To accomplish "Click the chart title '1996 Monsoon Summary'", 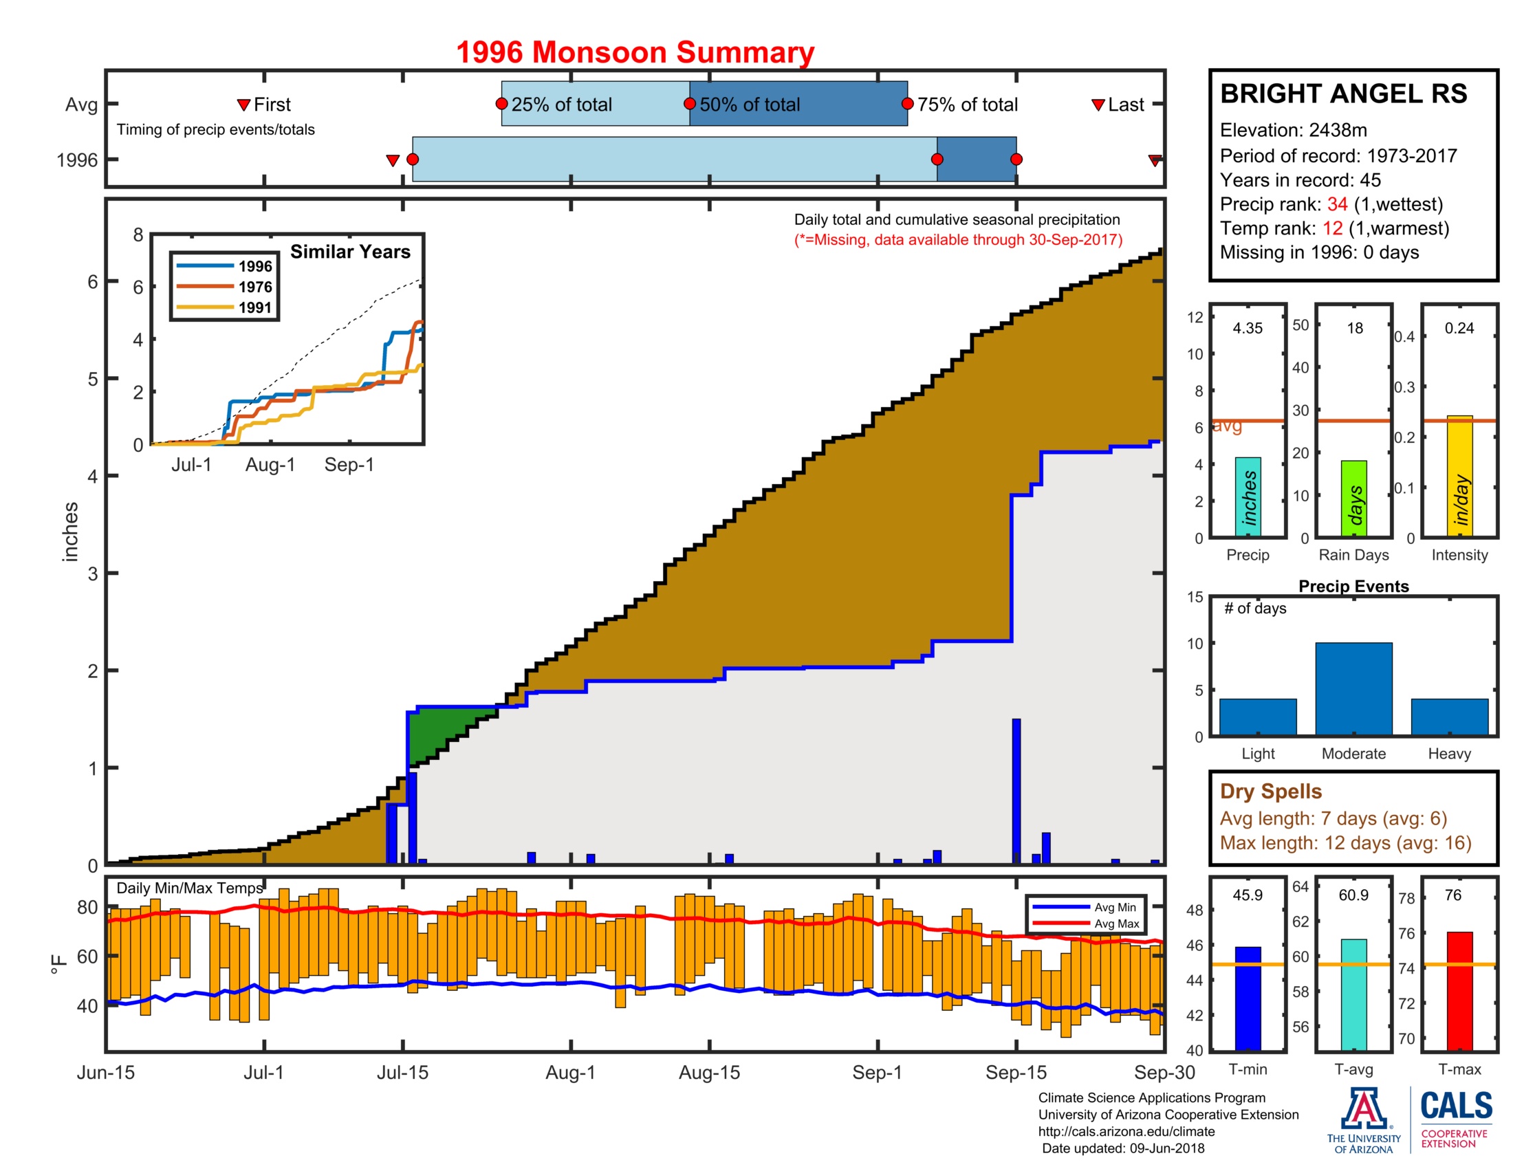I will point(635,53).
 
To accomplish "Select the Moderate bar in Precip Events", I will point(1353,688).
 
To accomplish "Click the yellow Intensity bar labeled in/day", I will point(1459,476).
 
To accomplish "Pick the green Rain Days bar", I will point(1353,498).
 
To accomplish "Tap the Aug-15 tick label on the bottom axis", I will point(710,1072).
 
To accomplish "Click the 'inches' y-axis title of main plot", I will point(70,531).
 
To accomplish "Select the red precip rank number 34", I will point(1337,204).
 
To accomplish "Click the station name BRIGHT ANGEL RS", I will point(1343,94).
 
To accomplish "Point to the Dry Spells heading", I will point(1270,791).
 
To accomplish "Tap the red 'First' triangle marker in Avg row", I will point(243,105).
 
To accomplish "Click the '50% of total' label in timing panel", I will point(749,105).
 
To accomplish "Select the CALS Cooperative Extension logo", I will point(1455,1118).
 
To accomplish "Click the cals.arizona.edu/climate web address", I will point(1126,1131).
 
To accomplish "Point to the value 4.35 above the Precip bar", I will point(1247,328).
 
